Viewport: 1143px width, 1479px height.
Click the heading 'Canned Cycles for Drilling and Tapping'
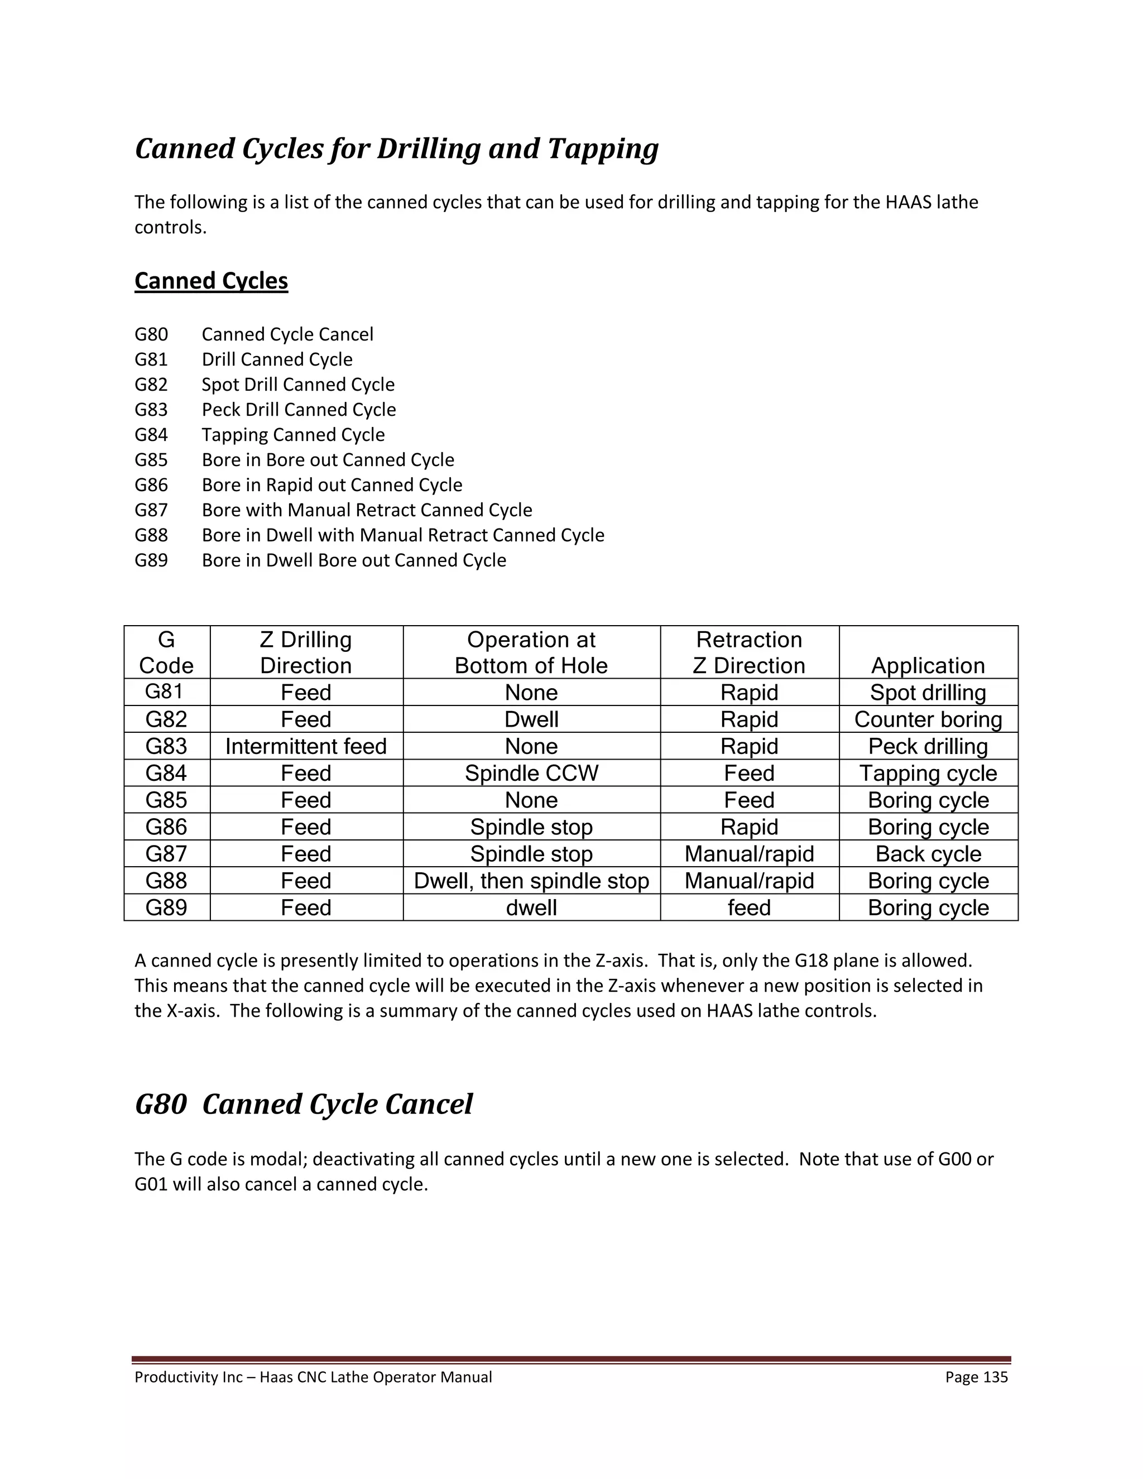tap(396, 149)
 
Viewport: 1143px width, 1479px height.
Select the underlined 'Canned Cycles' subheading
tap(212, 280)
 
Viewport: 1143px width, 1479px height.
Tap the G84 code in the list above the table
tap(151, 435)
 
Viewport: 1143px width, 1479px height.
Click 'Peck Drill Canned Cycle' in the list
tap(299, 410)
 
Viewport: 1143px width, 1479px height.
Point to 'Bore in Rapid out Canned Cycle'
tap(332, 485)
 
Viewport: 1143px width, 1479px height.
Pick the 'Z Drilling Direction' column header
tap(306, 652)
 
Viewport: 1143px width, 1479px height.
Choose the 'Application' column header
tap(928, 665)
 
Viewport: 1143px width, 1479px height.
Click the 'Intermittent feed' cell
tap(306, 746)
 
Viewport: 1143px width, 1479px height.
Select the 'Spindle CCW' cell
tap(531, 774)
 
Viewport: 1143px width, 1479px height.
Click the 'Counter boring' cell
tap(928, 719)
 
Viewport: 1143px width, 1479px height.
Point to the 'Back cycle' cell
tap(928, 854)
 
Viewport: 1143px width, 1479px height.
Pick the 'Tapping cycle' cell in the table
tap(928, 774)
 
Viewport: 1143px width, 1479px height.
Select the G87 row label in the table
tap(166, 854)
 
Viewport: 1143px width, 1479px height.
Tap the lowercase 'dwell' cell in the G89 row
tap(531, 907)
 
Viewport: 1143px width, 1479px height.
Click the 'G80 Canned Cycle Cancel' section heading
tap(304, 1105)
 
